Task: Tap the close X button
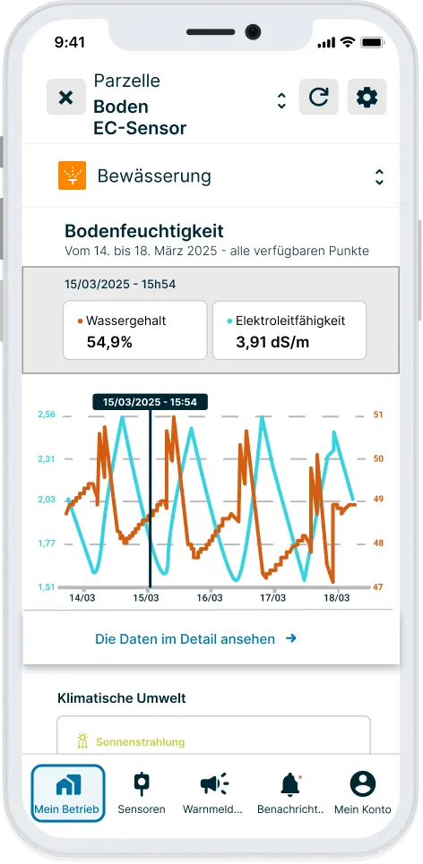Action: coord(65,97)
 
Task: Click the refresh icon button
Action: coord(318,97)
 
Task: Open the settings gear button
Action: coord(367,97)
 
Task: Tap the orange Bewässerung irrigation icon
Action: coord(72,176)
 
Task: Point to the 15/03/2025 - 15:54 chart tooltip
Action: coord(150,402)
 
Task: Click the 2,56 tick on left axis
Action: coord(47,415)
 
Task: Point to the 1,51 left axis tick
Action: coord(47,587)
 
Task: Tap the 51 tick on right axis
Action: coord(377,415)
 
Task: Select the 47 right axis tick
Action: coord(377,587)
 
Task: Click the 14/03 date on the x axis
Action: coord(82,597)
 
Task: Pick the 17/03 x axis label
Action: coord(273,597)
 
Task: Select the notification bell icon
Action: coord(289,784)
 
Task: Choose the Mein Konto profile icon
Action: coord(362,784)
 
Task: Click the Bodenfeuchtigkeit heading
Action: coord(143,232)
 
